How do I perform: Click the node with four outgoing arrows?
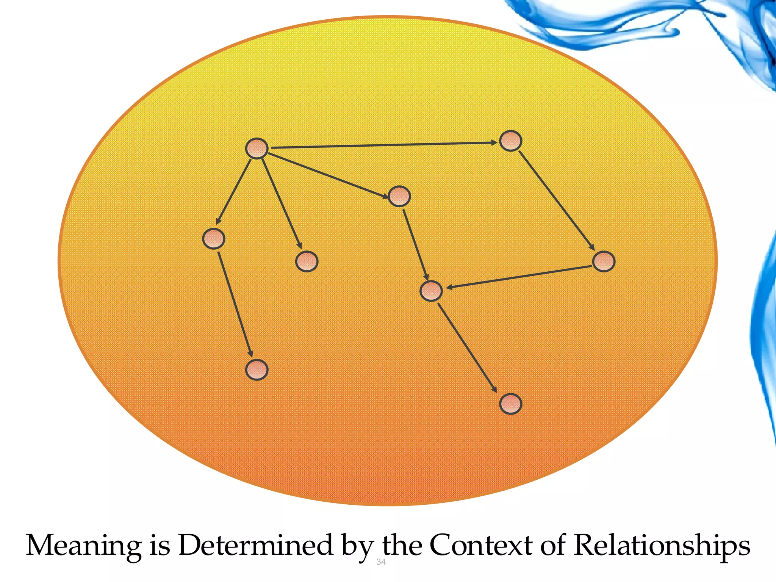[257, 148]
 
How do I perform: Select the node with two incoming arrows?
[431, 291]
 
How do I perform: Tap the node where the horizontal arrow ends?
[510, 141]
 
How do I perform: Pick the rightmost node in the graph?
[603, 261]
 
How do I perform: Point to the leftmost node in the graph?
[214, 238]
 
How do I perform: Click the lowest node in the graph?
[510, 404]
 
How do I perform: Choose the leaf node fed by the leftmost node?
[257, 370]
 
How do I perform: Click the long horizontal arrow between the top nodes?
[383, 145]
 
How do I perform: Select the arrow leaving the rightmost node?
[519, 277]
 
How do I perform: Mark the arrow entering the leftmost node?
[234, 191]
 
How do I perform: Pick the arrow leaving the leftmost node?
[235, 304]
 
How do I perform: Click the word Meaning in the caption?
[83, 546]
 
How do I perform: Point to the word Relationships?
[662, 546]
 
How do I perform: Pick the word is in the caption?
[160, 546]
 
